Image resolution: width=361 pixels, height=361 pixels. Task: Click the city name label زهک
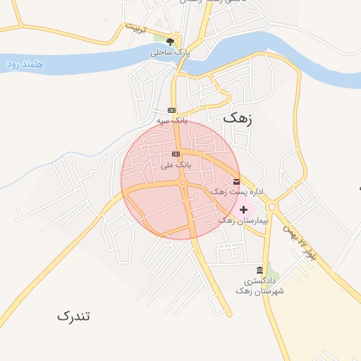(237, 118)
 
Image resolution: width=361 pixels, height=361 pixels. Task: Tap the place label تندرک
(74, 316)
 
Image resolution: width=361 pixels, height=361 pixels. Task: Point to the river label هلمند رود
(25, 64)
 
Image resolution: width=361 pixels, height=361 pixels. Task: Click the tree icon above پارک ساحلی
(169, 41)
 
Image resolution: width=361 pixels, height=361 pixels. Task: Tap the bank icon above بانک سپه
(171, 110)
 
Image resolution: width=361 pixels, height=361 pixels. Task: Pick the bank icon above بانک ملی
(176, 154)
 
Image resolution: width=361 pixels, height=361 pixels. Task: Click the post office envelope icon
(235, 180)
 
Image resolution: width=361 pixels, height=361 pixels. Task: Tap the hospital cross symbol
(244, 209)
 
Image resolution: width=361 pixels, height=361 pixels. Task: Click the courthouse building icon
(260, 270)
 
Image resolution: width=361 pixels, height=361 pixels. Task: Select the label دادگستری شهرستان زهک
(259, 286)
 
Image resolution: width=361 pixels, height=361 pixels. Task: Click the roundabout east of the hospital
(271, 207)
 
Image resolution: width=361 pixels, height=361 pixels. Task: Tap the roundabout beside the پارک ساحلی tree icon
(178, 39)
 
